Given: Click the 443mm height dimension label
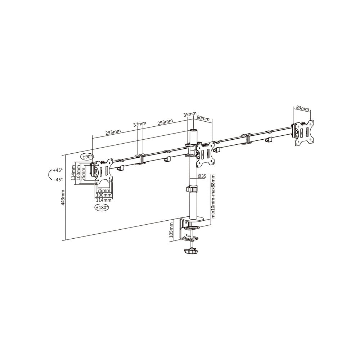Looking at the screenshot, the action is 63,198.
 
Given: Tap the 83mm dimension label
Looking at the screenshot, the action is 303,108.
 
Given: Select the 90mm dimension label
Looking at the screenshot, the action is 203,118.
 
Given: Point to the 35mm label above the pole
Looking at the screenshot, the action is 190,114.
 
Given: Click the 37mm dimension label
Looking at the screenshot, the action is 140,124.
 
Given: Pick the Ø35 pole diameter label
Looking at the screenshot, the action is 202,176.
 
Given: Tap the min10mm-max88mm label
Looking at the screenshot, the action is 213,196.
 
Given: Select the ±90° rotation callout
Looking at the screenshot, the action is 87,157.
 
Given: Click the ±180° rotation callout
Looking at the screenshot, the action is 102,208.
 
